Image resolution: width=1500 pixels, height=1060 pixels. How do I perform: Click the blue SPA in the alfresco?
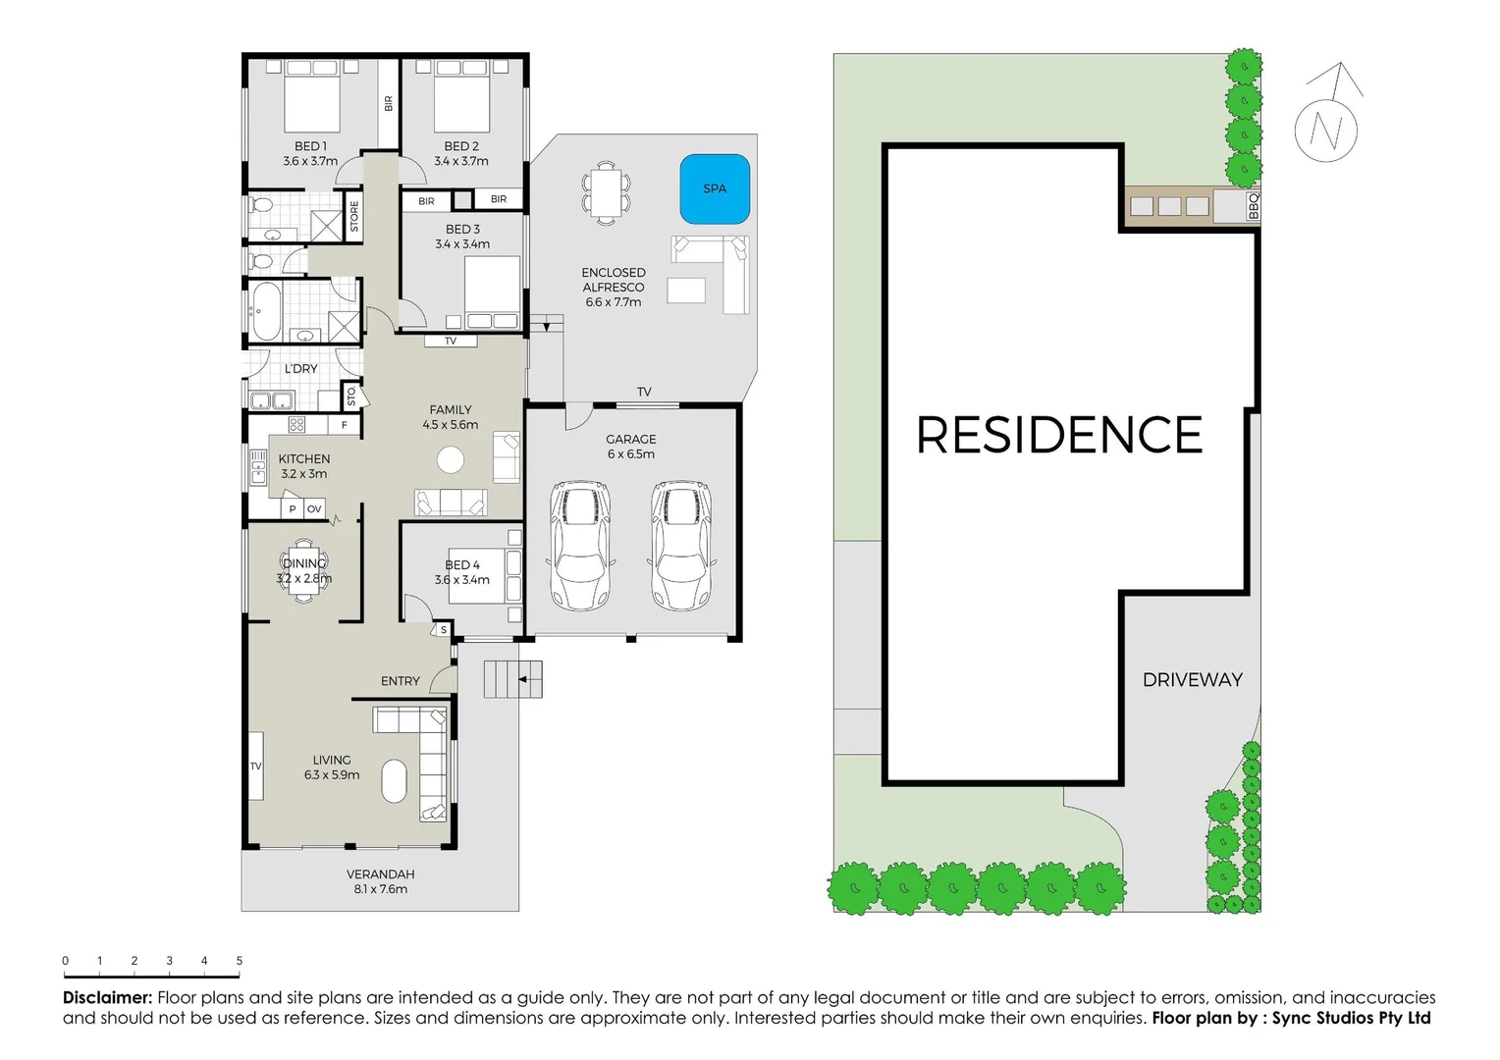715,188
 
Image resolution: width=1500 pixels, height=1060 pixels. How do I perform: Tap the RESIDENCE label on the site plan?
1059,436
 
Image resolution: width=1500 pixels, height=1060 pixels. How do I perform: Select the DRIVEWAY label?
1192,680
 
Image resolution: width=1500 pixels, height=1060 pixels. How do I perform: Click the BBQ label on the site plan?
1253,206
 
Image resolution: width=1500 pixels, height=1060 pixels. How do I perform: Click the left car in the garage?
581,545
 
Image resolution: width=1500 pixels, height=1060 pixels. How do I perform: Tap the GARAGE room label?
630,440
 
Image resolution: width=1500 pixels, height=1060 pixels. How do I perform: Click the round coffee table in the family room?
451,459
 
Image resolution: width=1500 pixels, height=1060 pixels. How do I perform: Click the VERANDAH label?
380,874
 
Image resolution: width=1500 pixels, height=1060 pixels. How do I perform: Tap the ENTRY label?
400,681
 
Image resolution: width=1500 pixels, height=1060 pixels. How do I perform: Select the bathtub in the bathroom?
265,310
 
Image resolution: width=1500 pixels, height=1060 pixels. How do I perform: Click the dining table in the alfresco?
606,192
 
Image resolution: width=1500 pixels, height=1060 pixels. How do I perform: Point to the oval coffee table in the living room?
394,781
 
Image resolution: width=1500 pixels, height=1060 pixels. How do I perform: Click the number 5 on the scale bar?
239,961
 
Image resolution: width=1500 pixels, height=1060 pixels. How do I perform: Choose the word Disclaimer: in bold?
107,998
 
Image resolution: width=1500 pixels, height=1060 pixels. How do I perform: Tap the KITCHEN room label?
303,459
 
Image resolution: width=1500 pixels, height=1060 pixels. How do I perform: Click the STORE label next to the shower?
354,216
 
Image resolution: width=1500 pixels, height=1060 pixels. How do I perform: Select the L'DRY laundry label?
300,369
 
